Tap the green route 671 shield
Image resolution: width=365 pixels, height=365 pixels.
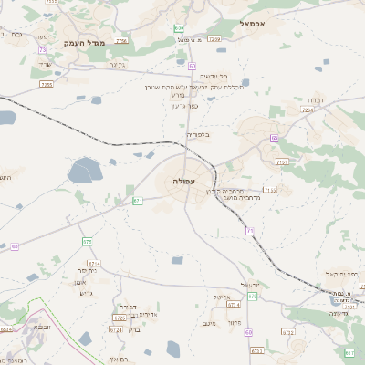(x=138, y=200)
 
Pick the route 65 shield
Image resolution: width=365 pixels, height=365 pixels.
(x=15, y=246)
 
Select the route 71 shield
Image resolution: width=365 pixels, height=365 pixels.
(x=249, y=231)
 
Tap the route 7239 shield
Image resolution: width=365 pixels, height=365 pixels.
(x=214, y=39)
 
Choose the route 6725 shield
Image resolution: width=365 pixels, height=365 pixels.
(x=120, y=318)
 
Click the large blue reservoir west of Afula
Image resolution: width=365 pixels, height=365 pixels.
(x=84, y=170)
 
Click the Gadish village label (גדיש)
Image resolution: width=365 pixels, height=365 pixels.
(x=88, y=293)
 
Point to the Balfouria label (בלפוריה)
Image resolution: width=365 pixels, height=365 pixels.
(x=198, y=135)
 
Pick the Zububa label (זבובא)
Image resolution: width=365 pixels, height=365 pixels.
(x=42, y=327)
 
